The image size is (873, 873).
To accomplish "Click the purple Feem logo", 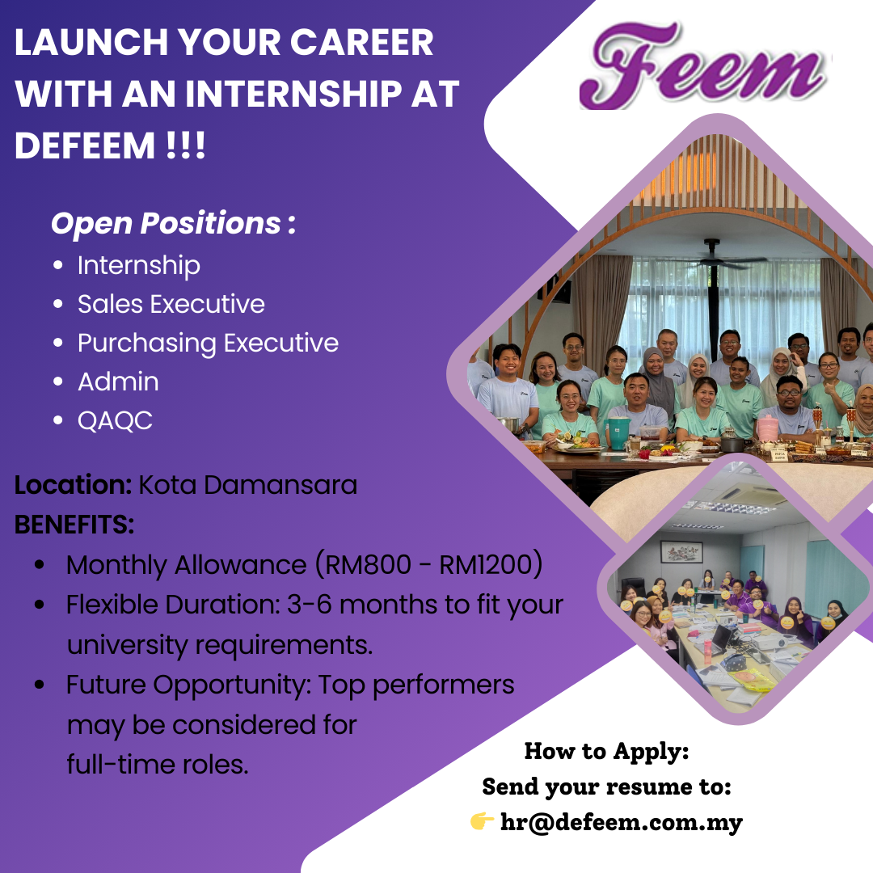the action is (x=702, y=65).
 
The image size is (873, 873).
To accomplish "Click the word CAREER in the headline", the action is (x=361, y=42).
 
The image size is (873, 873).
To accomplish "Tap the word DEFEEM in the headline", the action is (x=85, y=145).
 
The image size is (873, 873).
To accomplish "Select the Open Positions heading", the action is (x=173, y=223).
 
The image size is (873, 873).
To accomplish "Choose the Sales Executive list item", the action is (x=171, y=304).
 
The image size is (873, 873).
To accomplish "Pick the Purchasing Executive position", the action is (x=208, y=344).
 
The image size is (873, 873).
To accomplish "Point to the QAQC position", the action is (x=115, y=421).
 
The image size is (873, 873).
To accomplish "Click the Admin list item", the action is (x=118, y=382).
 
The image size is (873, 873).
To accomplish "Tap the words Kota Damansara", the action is (x=248, y=485).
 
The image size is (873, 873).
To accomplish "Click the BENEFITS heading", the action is (x=74, y=525).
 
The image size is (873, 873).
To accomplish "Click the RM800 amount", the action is (x=368, y=564).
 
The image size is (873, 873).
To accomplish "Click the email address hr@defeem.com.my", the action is (x=622, y=822).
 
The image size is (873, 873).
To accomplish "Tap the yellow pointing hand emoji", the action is (x=482, y=820).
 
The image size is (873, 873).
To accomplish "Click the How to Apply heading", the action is (x=606, y=752).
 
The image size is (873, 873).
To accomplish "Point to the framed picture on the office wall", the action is (x=681, y=552).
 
